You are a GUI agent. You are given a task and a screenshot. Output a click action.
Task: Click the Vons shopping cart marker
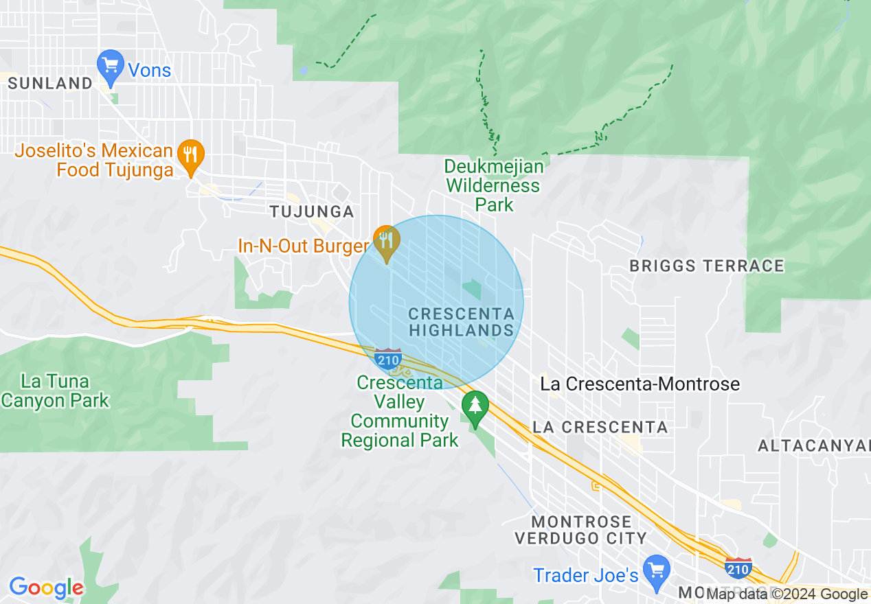click(x=110, y=66)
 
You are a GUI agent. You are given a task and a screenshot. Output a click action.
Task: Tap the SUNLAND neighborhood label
click(x=50, y=84)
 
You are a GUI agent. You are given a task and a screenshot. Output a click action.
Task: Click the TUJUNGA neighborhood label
click(x=312, y=211)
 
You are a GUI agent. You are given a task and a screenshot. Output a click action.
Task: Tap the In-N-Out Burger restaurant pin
click(x=387, y=242)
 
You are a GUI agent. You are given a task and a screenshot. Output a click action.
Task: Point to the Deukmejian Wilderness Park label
click(x=493, y=185)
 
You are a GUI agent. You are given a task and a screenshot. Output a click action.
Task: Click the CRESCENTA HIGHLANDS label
click(x=461, y=322)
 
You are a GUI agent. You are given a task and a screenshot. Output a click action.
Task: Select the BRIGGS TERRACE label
click(x=707, y=266)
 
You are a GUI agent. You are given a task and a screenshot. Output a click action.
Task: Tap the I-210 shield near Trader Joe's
click(x=738, y=568)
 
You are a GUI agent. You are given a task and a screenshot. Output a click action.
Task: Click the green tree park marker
click(x=475, y=406)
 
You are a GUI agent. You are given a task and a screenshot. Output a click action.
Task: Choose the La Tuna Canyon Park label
click(x=55, y=391)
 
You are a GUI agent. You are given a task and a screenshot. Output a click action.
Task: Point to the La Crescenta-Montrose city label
click(x=640, y=384)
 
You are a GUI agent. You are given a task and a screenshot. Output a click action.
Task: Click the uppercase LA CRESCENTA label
click(x=600, y=427)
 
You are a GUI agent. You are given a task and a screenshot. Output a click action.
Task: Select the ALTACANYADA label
click(x=814, y=446)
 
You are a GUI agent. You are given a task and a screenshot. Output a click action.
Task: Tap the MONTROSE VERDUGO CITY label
click(x=581, y=530)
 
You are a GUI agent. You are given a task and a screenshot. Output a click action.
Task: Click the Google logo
click(x=46, y=588)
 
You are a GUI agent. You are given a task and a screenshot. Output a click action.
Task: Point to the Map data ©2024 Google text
click(x=787, y=594)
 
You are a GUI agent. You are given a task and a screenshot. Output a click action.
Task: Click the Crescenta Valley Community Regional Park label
click(x=400, y=411)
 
